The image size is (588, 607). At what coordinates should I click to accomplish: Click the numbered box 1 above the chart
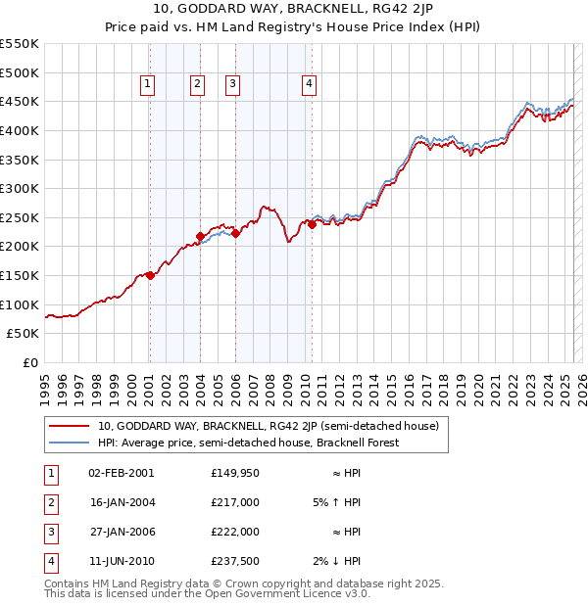[147, 85]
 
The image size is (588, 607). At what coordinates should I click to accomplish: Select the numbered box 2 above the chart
[198, 85]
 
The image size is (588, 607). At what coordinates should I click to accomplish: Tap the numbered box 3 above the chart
[233, 85]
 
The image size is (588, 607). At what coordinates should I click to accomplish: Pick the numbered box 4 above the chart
[309, 85]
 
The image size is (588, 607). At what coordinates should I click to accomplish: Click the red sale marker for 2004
[200, 236]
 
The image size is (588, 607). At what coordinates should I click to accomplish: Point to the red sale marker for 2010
[312, 224]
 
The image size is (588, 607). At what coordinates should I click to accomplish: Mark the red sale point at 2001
[150, 275]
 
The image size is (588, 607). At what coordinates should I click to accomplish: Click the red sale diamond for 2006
[235, 233]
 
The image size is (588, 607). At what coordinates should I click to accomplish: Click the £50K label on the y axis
[24, 334]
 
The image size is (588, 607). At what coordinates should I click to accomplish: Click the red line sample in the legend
[69, 426]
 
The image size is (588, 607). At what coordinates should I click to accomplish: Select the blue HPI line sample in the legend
[69, 443]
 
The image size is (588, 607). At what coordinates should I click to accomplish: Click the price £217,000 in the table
[234, 502]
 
